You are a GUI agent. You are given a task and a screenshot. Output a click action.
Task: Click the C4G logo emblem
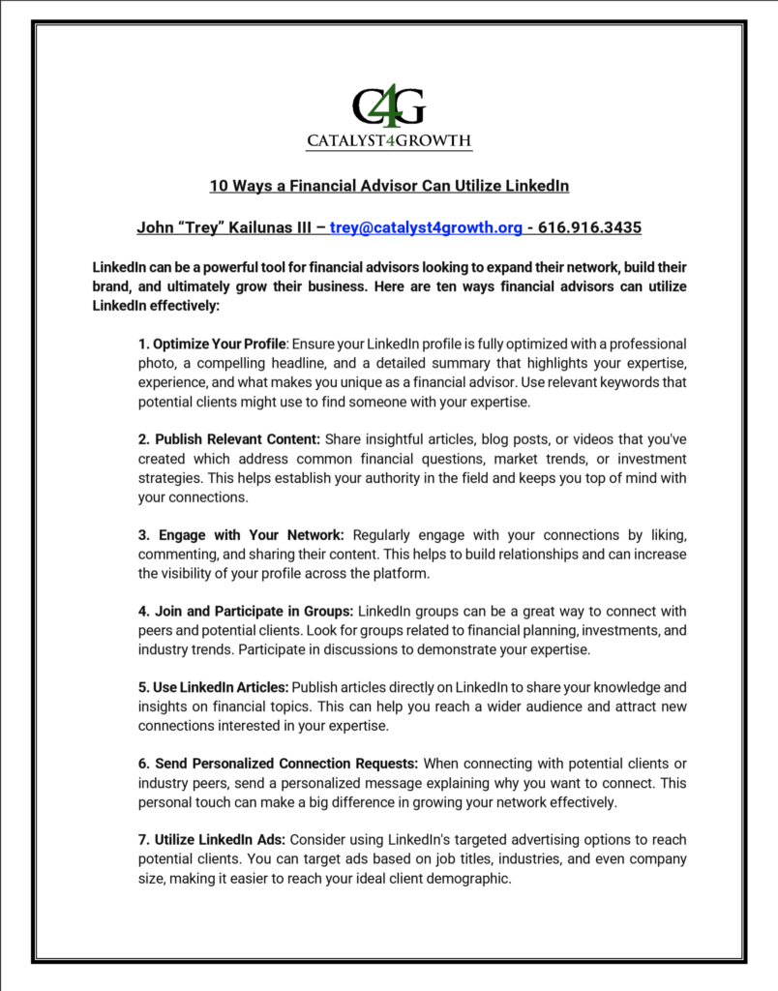389,106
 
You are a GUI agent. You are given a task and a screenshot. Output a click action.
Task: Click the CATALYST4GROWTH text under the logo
389,141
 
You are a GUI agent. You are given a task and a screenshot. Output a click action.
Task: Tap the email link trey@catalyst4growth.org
427,228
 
